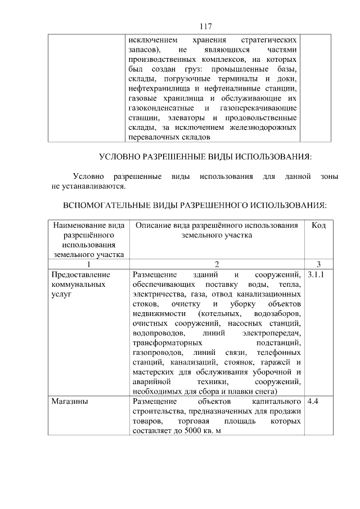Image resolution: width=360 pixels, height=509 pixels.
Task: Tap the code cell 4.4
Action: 312,402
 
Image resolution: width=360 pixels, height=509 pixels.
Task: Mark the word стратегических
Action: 268,40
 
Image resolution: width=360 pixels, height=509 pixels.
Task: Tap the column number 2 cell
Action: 217,264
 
